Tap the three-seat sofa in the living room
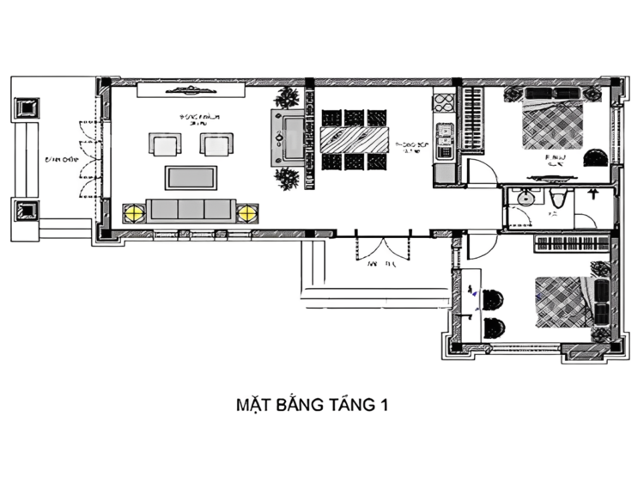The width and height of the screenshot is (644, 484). pos(190,210)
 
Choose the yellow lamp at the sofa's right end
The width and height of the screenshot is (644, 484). pos(246,211)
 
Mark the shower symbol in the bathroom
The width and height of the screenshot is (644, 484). pos(592,195)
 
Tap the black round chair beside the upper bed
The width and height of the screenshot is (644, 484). pos(594,157)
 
